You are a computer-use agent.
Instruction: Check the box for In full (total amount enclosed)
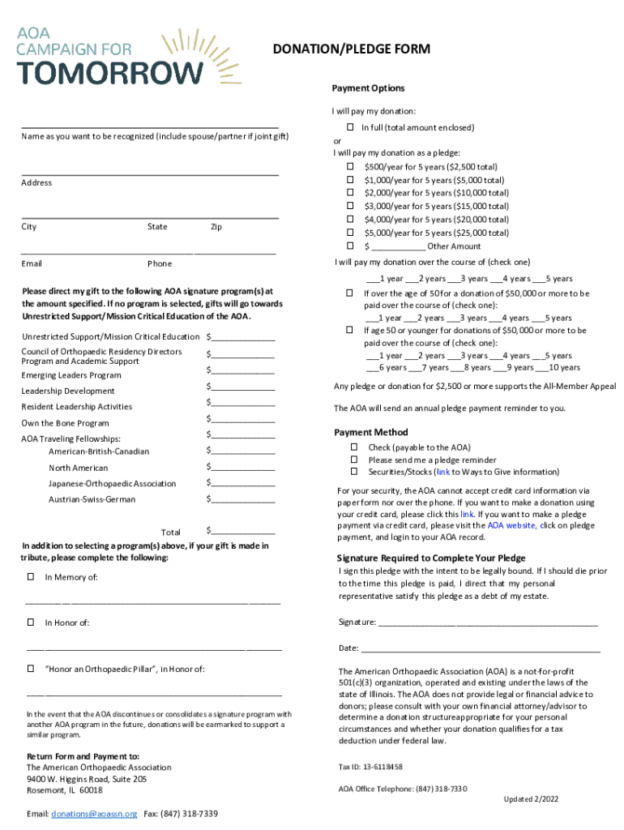tap(350, 128)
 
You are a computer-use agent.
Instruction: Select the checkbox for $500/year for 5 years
tap(350, 167)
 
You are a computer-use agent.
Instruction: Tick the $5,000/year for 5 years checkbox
tap(350, 233)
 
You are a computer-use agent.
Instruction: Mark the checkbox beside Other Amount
tap(350, 246)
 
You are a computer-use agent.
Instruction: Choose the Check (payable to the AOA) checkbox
tap(354, 447)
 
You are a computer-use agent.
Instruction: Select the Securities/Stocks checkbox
tap(354, 472)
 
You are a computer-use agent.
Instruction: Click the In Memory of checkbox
tap(31, 577)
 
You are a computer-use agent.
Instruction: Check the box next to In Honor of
tap(31, 622)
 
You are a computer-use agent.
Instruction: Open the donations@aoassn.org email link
tap(94, 813)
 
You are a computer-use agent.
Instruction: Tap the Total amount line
tap(243, 532)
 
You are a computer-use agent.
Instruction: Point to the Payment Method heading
tap(371, 432)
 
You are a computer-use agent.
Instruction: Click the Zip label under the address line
tap(216, 227)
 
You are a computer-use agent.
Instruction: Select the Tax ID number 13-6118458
tap(370, 767)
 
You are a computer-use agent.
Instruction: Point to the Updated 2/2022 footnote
tap(531, 799)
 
